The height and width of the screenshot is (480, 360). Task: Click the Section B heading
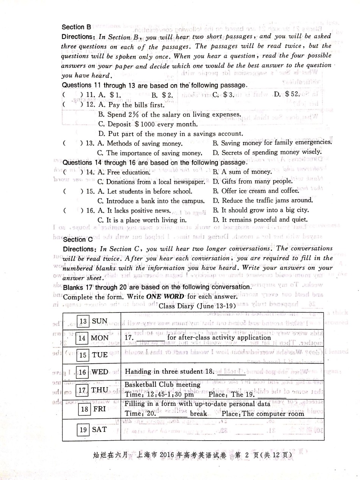pos(77,27)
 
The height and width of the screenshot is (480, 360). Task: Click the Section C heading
pos(78,239)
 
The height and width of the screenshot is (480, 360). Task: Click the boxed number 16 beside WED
pos(83,372)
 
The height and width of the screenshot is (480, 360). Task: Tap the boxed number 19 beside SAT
pos(83,430)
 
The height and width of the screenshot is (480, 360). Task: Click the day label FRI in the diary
pos(100,409)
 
